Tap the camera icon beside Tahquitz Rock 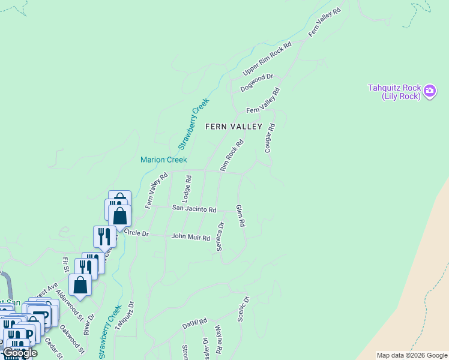[430, 91]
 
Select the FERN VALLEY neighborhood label [234, 127]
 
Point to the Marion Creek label [164, 160]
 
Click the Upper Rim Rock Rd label [267, 59]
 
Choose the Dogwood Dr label [257, 82]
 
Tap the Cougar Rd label [270, 138]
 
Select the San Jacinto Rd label [194, 209]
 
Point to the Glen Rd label [240, 215]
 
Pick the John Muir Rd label [190, 237]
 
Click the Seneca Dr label [220, 237]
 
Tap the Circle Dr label [136, 233]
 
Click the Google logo [20, 353]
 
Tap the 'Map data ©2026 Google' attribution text [412, 355]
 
